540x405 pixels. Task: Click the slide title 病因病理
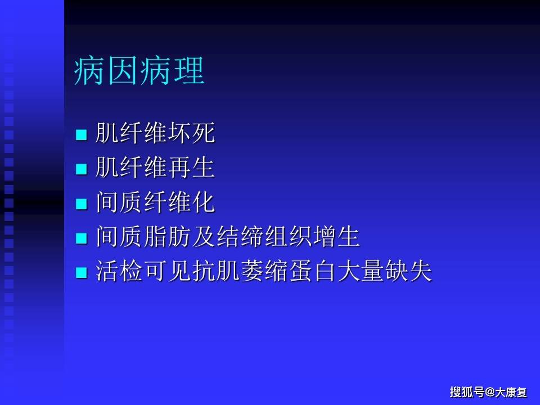[139, 71]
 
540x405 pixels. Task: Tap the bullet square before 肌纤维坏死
[81, 134]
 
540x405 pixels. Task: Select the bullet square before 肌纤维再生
[81, 169]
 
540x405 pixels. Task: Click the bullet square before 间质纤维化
[81, 204]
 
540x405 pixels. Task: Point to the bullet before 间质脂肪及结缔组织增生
[81, 238]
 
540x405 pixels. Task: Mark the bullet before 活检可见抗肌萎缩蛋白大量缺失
[81, 273]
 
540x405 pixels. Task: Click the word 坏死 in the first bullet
[191, 133]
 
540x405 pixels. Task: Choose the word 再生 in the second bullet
[191, 167]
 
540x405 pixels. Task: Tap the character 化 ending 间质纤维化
[204, 202]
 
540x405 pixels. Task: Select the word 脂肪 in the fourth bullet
[168, 236]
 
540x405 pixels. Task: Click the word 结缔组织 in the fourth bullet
[264, 236]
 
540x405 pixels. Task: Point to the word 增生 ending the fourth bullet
[336, 236]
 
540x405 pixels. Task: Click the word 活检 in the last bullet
[119, 271]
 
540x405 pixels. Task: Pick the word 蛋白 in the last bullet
[312, 271]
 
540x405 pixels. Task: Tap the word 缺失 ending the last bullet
[408, 271]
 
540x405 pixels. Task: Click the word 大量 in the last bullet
[360, 271]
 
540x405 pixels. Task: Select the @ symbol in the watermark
[489, 391]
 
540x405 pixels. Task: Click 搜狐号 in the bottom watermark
[467, 391]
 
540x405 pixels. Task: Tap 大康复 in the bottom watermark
[511, 391]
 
